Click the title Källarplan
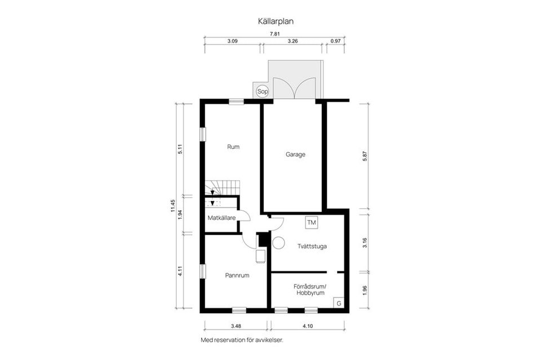pyautogui.click(x=276, y=21)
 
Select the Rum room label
pyautogui.click(x=233, y=146)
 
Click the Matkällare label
pyautogui.click(x=221, y=217)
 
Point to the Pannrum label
pyautogui.click(x=237, y=275)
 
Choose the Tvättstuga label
pyautogui.click(x=313, y=246)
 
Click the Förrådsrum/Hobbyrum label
pyautogui.click(x=309, y=290)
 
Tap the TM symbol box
pyautogui.click(x=312, y=223)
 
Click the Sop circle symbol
pyautogui.click(x=261, y=91)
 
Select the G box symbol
pyautogui.click(x=339, y=303)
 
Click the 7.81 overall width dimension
pyautogui.click(x=275, y=34)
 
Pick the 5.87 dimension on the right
pyautogui.click(x=365, y=159)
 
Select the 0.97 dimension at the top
pyautogui.click(x=336, y=42)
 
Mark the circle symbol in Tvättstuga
pyautogui.click(x=278, y=242)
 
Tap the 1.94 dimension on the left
pyautogui.click(x=180, y=214)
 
